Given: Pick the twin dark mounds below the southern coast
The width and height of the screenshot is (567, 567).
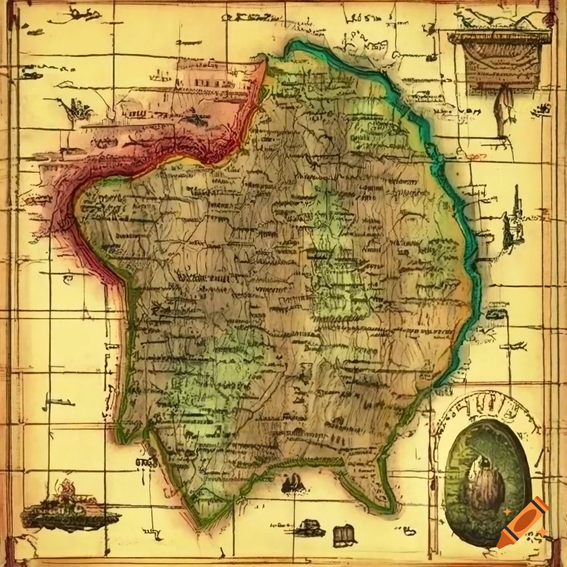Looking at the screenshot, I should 293,485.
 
